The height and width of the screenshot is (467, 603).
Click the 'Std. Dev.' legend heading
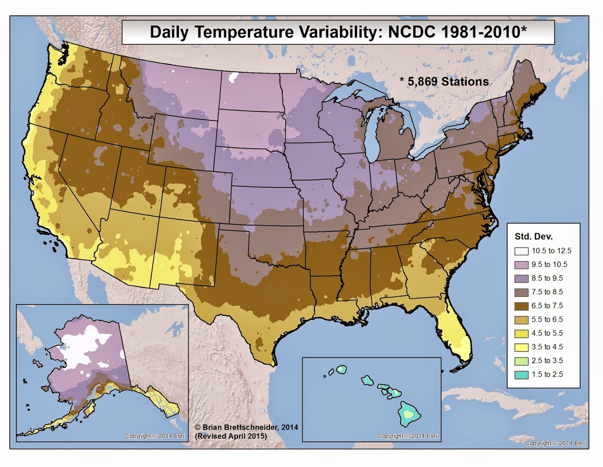tap(533, 237)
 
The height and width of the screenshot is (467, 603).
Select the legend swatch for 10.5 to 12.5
tap(521, 251)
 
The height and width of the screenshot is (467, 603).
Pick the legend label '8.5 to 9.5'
tap(547, 278)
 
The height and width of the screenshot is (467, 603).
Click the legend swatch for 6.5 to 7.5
tap(521, 306)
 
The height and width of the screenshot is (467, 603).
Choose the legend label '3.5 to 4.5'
tap(547, 347)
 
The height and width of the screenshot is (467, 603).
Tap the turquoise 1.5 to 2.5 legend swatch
tap(521, 375)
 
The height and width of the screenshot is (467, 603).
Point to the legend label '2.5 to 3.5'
tap(547, 361)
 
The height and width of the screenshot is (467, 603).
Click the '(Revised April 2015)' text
tap(231, 436)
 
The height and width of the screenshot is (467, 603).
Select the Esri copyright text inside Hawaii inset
tap(407, 436)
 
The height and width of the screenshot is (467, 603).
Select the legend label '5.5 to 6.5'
tap(547, 319)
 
